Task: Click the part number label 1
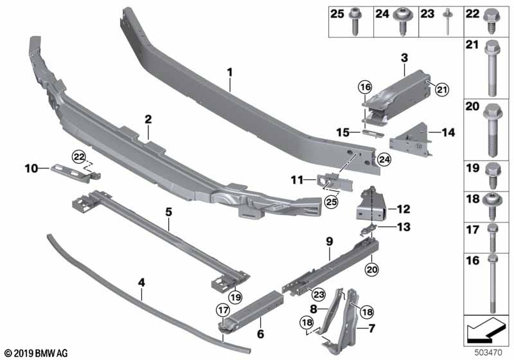(229, 73)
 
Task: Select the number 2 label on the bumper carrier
(148, 119)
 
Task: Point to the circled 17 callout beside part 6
(223, 310)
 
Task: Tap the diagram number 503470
(489, 353)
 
